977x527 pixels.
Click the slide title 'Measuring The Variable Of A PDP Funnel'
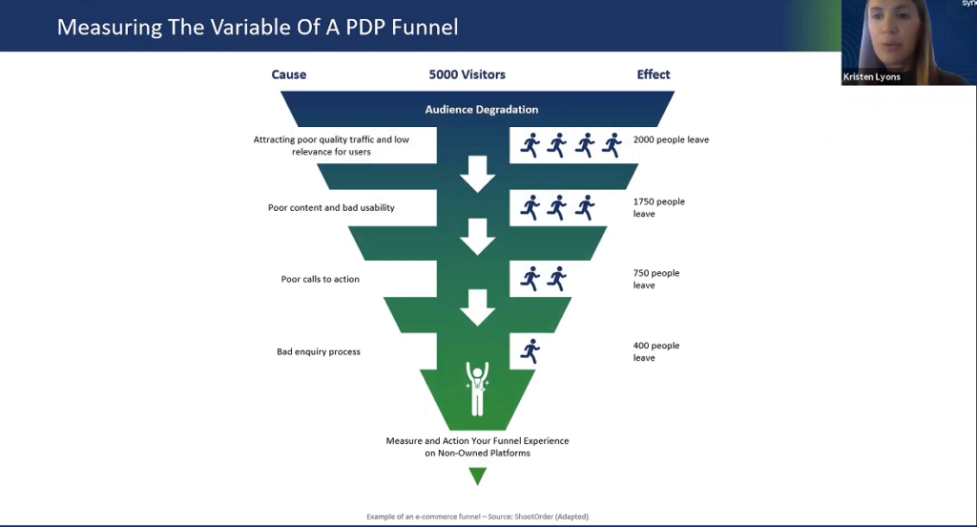click(x=258, y=27)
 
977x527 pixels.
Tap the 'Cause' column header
click(x=289, y=74)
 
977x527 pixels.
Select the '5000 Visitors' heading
click(x=467, y=74)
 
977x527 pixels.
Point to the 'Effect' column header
click(x=654, y=74)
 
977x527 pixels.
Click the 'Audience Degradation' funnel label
click(x=482, y=109)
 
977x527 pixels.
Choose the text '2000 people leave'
click(x=671, y=140)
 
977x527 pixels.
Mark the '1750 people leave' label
click(x=658, y=207)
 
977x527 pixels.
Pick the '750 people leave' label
click(x=656, y=279)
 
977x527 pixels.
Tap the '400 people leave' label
click(x=656, y=351)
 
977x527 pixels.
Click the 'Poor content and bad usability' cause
click(x=331, y=207)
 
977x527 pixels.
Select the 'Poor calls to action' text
click(x=320, y=280)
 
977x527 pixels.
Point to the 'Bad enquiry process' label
click(x=319, y=352)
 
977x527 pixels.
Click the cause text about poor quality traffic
click(x=331, y=145)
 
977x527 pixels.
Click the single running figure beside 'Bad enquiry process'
click(x=530, y=351)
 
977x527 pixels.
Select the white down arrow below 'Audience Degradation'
click(x=477, y=173)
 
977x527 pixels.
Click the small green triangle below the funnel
click(x=477, y=474)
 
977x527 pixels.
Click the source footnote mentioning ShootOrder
click(x=477, y=516)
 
